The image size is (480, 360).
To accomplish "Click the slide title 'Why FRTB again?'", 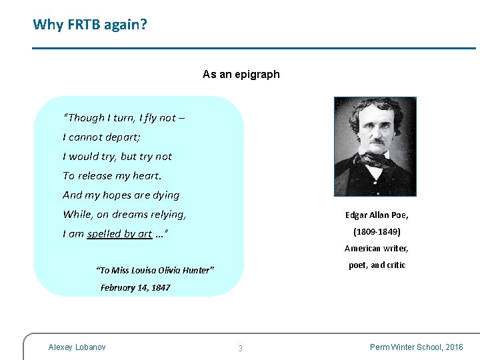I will (x=90, y=25).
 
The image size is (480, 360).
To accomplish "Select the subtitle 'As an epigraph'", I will (x=241, y=74).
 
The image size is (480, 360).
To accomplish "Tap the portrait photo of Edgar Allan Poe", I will (x=375, y=147).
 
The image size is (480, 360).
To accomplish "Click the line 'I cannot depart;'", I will (x=101, y=137).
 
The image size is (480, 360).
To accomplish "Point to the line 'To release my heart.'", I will (x=112, y=176).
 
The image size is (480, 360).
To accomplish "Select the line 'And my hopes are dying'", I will (x=121, y=195).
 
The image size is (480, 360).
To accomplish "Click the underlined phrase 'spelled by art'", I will (x=119, y=234).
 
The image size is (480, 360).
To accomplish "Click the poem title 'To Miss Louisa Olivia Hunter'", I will (x=155, y=270).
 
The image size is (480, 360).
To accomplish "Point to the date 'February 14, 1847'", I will (x=135, y=288).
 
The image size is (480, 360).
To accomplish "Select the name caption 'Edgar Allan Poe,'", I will (x=377, y=215).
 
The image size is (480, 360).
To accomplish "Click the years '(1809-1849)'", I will (x=377, y=232).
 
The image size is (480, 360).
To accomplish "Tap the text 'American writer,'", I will (x=377, y=249).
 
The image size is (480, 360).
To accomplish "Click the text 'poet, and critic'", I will (x=377, y=265).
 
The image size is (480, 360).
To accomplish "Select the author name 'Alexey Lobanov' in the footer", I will (x=77, y=347).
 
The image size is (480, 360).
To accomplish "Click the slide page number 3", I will (x=240, y=348).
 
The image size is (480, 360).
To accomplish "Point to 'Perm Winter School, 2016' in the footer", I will (x=417, y=347).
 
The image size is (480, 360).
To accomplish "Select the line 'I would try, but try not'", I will (x=117, y=157).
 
